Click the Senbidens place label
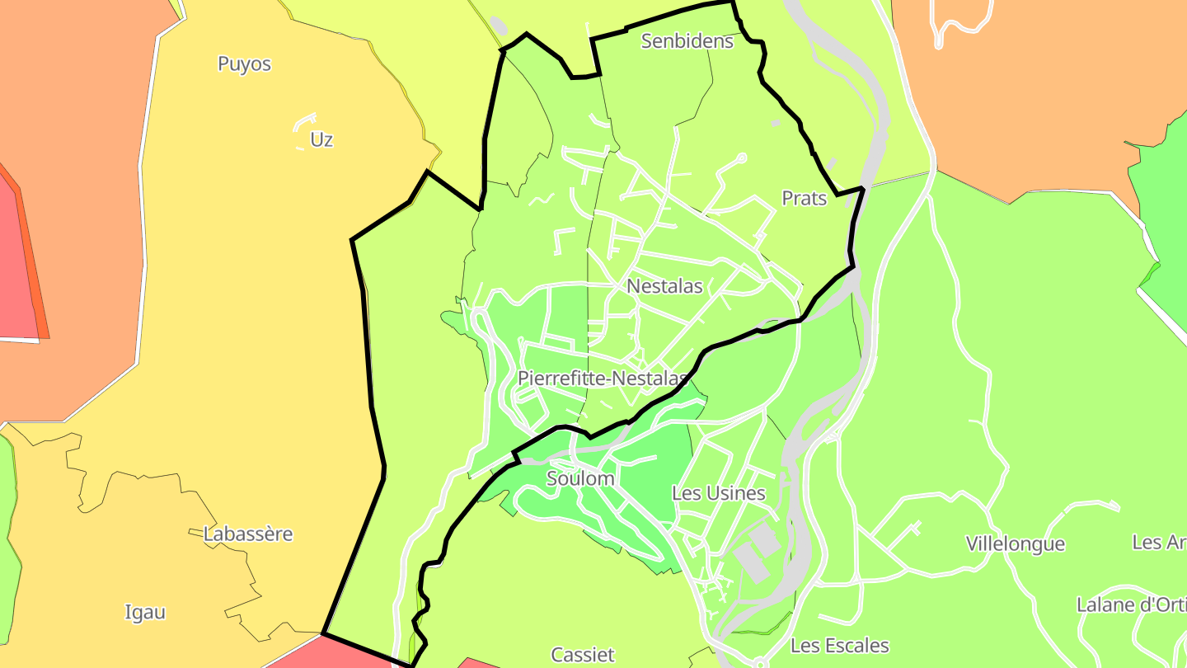point(687,40)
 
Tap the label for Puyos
point(244,64)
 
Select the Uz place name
point(321,139)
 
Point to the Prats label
point(804,198)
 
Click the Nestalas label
point(664,286)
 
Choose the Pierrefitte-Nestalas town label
point(602,379)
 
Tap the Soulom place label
point(580,478)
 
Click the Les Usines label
point(719,493)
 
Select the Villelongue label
point(1016,543)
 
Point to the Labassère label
point(248,534)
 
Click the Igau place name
point(145,612)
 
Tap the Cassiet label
point(583,655)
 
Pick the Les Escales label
point(840,645)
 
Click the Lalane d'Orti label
point(1131,604)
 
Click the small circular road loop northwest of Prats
point(741,158)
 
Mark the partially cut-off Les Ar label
point(1159,542)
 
